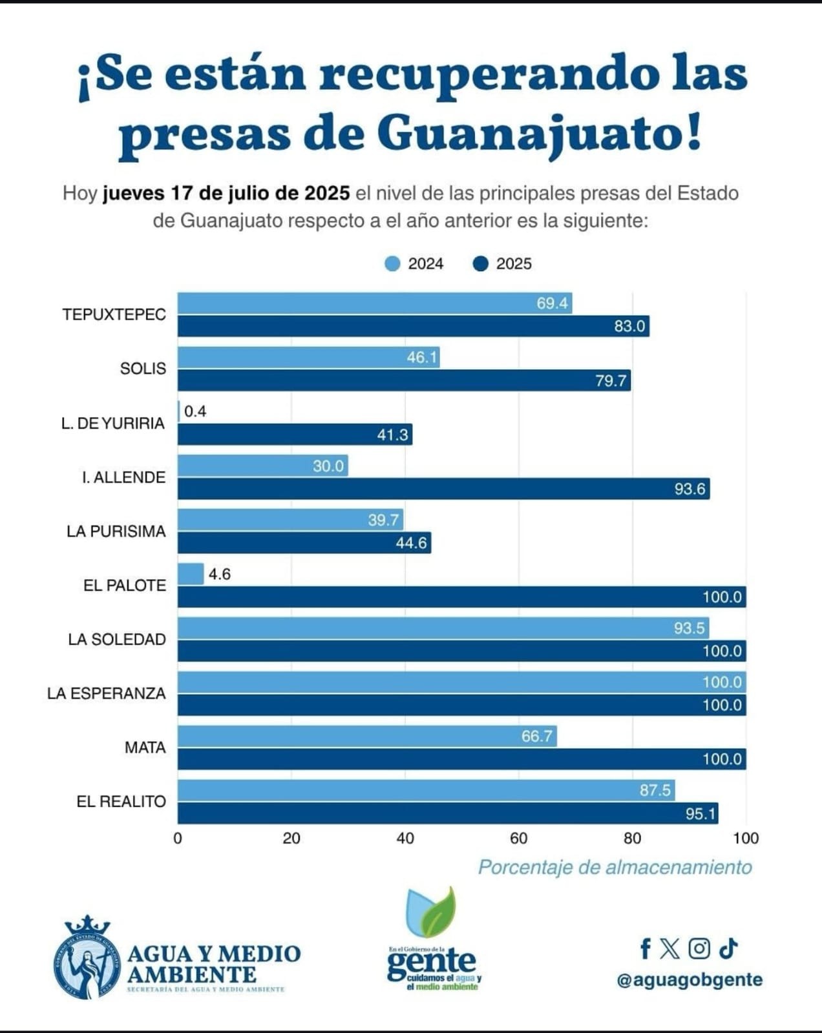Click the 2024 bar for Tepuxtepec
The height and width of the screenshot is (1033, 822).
point(375,303)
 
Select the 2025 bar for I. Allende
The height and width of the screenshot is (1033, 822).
point(443,489)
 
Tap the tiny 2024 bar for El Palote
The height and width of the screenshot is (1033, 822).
point(191,574)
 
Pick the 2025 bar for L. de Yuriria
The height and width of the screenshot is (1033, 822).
point(295,435)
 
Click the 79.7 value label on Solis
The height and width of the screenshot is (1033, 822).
point(611,381)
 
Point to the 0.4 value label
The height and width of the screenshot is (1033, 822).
point(195,411)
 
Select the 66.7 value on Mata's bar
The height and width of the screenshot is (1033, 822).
point(537,736)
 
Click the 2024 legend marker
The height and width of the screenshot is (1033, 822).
point(392,263)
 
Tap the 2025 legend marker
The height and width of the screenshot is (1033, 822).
point(480,263)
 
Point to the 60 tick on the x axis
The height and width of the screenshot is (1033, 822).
point(518,838)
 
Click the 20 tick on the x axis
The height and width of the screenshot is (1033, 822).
point(291,838)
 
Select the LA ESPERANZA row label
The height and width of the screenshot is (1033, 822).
point(107,693)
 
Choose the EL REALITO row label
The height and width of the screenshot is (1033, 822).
point(121,801)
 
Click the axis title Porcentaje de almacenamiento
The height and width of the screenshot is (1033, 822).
point(615,867)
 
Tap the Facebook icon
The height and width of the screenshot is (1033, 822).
point(645,948)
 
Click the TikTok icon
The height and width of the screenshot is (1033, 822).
point(728,948)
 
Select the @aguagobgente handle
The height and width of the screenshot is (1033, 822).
point(690,979)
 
